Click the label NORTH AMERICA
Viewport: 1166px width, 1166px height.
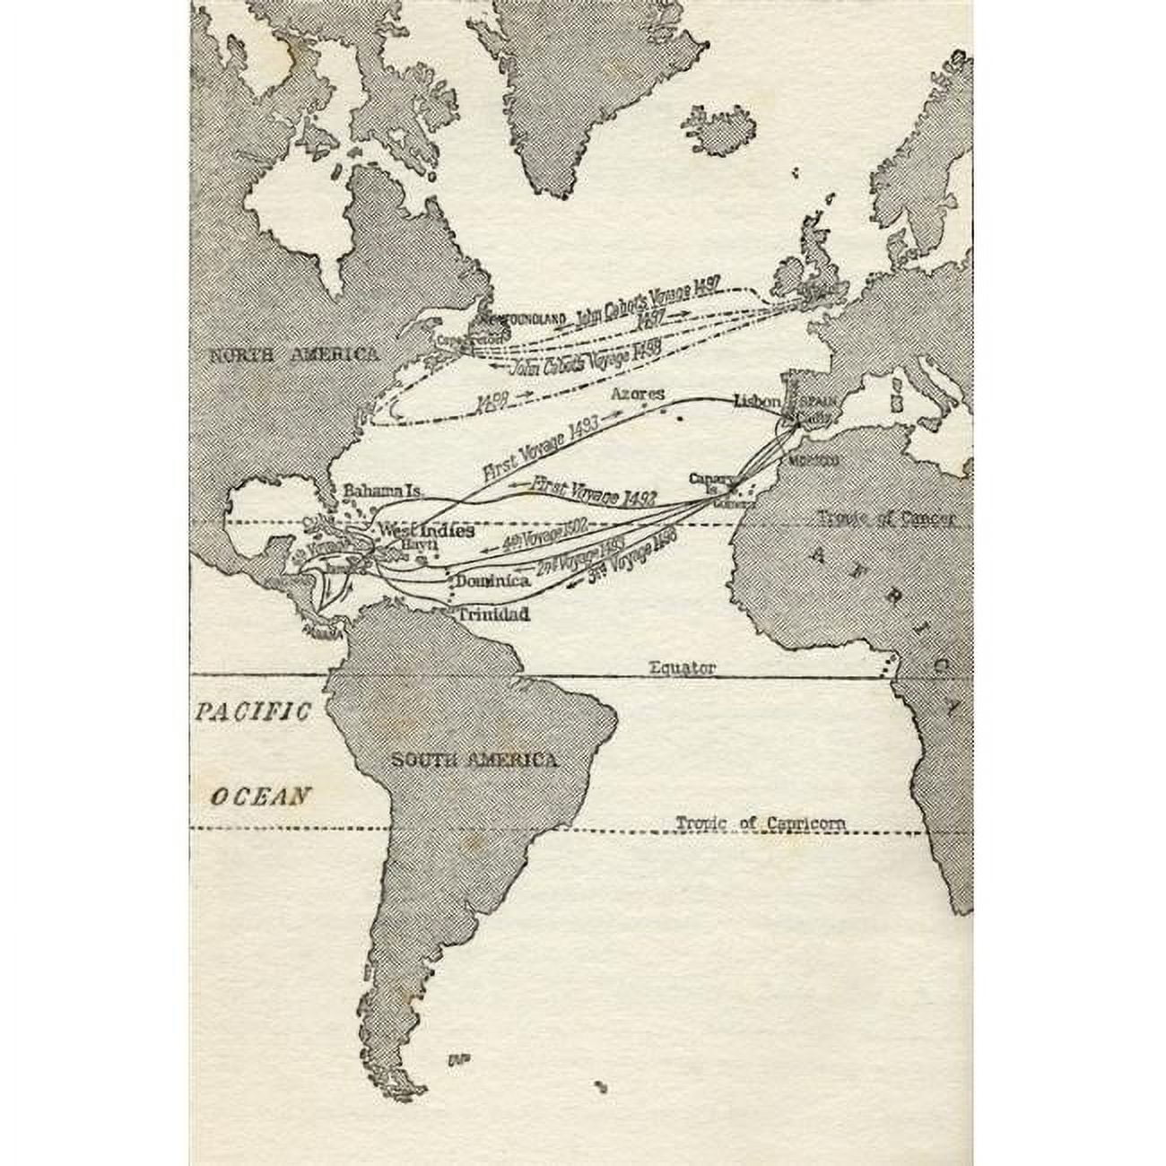point(293,355)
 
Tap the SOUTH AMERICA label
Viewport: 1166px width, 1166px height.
point(474,761)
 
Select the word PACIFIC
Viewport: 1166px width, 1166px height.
point(254,713)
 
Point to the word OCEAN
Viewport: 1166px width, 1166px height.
point(260,795)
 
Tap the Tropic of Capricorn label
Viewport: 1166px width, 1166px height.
point(761,823)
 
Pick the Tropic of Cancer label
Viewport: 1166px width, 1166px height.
point(886,518)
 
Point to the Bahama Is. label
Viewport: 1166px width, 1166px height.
point(382,493)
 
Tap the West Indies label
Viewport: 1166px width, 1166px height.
point(425,530)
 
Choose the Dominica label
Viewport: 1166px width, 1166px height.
point(492,580)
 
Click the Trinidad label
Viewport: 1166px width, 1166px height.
point(493,615)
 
